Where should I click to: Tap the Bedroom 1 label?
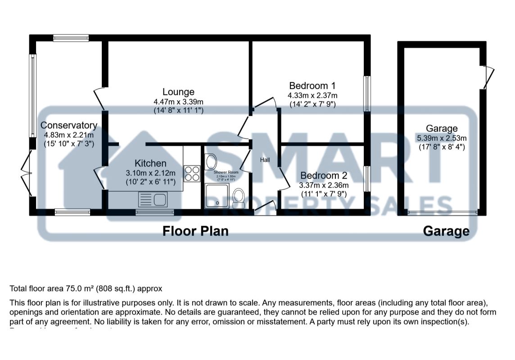click(312, 85)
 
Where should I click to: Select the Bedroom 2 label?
click(324, 175)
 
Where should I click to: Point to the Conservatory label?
click(69, 125)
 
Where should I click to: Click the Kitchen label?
click(151, 163)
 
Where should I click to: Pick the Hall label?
click(265, 160)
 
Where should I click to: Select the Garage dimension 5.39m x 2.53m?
click(443, 138)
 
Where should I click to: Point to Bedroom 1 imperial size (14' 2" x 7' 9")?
click(312, 104)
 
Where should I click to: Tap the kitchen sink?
click(153, 198)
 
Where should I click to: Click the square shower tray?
click(217, 196)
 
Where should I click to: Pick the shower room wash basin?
click(210, 161)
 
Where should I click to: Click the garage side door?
click(488, 77)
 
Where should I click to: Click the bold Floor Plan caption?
click(195, 231)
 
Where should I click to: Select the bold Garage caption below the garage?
click(446, 231)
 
